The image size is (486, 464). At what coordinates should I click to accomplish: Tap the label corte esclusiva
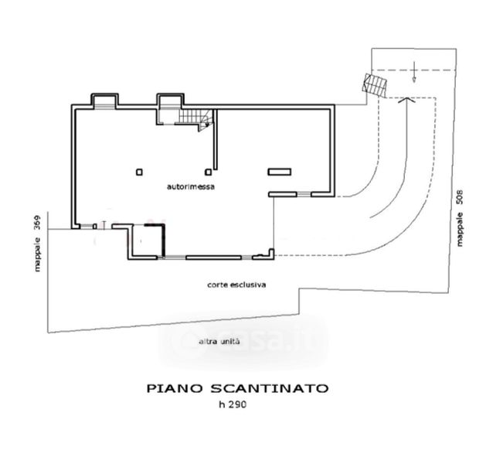(236, 285)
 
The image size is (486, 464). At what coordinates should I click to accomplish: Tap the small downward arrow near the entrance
(414, 76)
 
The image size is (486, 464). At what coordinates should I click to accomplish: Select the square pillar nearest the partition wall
(207, 172)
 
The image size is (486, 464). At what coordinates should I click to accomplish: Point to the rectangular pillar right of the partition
(277, 171)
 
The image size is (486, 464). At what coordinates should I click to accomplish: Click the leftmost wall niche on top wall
(104, 101)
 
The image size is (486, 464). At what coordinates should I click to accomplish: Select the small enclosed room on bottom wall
(147, 241)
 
